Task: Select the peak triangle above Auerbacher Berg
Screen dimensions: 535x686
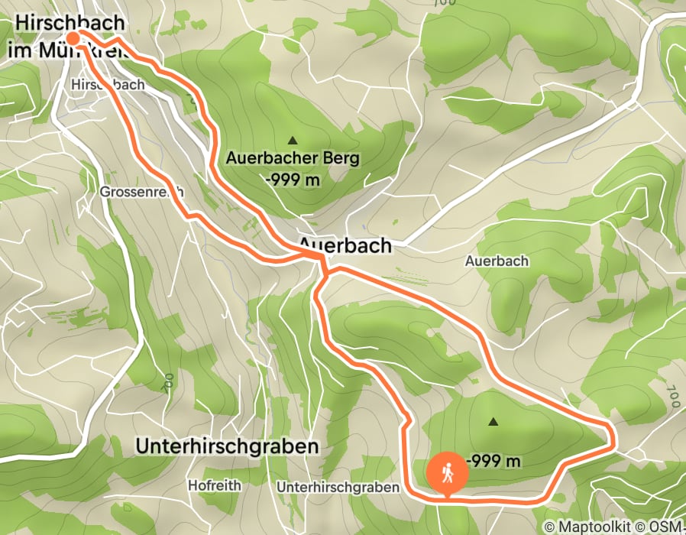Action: pos(292,141)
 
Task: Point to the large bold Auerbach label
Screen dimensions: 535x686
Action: pos(345,245)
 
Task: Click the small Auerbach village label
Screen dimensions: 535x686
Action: pos(497,261)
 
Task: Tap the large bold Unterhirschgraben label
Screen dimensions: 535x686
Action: pos(226,446)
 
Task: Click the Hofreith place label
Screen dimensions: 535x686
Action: pos(215,485)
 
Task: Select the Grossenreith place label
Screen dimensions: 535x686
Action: pos(142,193)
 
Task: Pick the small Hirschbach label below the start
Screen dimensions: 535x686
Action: pos(106,85)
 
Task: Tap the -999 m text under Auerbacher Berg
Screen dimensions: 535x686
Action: pos(293,180)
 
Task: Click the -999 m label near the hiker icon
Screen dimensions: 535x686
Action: pos(494,461)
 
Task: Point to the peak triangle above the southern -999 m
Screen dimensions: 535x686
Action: pos(493,421)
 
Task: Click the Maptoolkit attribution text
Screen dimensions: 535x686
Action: pos(602,527)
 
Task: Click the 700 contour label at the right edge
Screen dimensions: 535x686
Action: pos(671,397)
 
